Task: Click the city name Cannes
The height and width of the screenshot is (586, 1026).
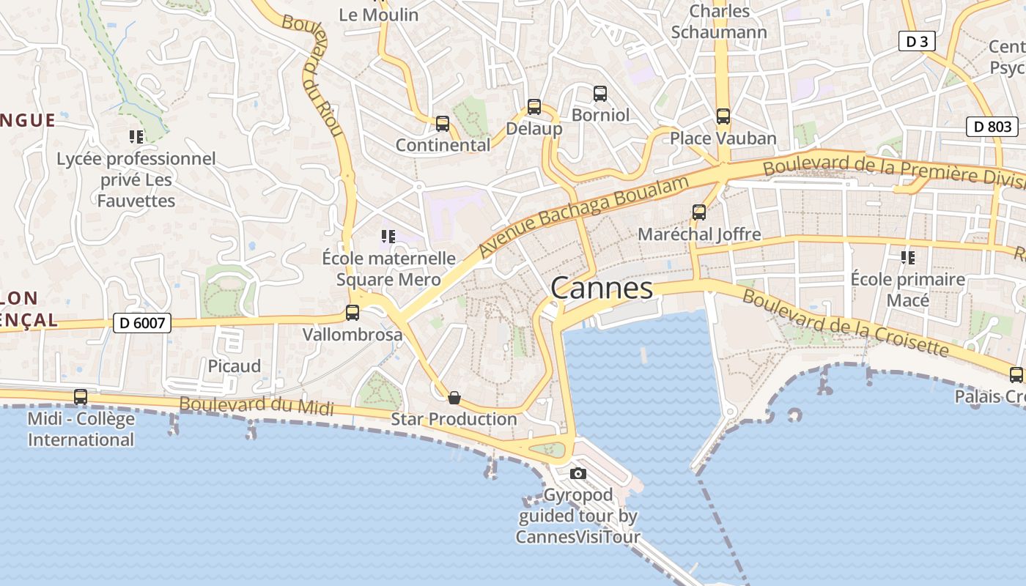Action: tap(601, 288)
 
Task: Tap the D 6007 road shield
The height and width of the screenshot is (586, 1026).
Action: tap(142, 322)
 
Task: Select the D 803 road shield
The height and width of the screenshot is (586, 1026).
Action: tap(993, 127)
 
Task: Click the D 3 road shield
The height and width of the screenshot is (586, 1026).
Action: tap(917, 42)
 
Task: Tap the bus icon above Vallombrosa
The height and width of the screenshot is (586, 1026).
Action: tap(353, 313)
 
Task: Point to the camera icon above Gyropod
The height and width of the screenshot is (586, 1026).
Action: tap(578, 473)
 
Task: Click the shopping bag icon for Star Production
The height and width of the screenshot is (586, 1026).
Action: tap(454, 398)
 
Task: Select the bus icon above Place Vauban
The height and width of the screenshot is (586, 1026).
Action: tap(723, 116)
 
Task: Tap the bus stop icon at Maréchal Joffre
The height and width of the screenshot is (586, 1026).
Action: tap(699, 212)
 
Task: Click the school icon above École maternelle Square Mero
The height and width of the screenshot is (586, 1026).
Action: tap(388, 237)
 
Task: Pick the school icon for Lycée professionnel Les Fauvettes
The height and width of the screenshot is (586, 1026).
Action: tap(136, 136)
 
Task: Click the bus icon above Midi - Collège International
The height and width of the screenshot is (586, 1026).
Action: tap(81, 396)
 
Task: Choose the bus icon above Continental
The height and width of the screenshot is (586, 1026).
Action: tap(443, 124)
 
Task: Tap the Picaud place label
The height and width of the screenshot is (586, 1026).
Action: tap(234, 366)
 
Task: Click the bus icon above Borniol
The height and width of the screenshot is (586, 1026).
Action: tap(600, 94)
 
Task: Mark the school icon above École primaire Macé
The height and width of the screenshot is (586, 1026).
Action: tap(908, 258)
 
